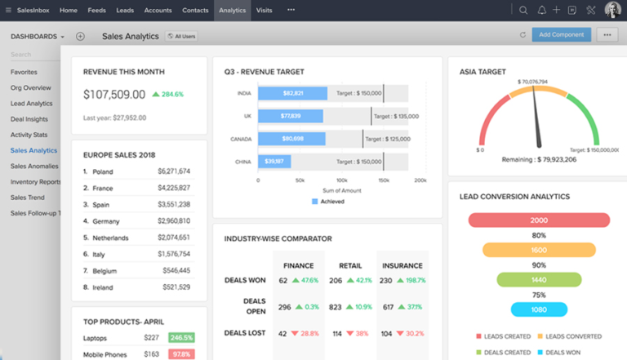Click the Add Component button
(x=562, y=34)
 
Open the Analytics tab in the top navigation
(x=232, y=10)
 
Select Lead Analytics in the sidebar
(x=31, y=104)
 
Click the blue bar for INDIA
(x=293, y=93)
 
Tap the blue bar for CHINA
(x=283, y=161)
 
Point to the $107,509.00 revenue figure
(x=114, y=95)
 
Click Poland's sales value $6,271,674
(x=174, y=171)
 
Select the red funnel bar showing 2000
(x=539, y=220)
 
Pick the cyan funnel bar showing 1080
(x=539, y=309)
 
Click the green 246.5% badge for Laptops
(x=180, y=337)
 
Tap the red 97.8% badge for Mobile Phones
(x=180, y=354)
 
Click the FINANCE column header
(x=298, y=265)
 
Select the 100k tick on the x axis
(x=339, y=180)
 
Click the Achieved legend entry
(x=327, y=201)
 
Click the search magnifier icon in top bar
(x=523, y=10)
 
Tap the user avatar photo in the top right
(x=612, y=10)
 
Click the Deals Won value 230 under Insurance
(x=386, y=280)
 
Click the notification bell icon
(x=541, y=10)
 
